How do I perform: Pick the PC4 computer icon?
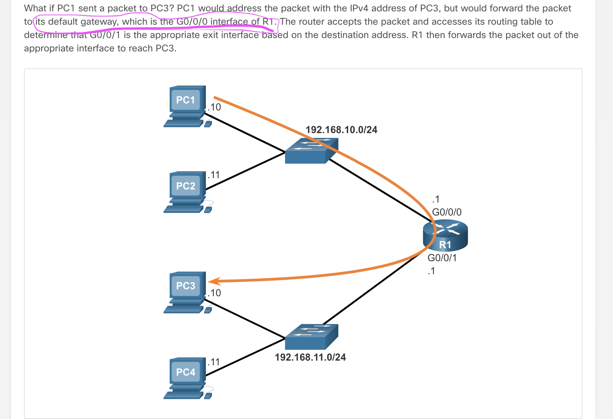click(x=186, y=378)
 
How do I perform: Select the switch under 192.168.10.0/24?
click(x=311, y=151)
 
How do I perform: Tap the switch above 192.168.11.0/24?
click(x=311, y=337)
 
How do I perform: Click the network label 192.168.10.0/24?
click(x=341, y=130)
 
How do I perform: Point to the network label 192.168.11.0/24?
click(x=310, y=357)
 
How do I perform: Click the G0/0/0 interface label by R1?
click(x=447, y=212)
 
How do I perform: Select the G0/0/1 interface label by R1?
click(x=442, y=258)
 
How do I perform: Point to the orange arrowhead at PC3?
click(x=213, y=281)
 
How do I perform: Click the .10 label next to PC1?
click(x=214, y=107)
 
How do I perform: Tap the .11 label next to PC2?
click(x=214, y=175)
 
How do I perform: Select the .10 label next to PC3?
click(x=214, y=293)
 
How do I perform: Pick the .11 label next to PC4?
click(x=214, y=362)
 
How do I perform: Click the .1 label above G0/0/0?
click(x=436, y=199)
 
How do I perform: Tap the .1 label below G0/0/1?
click(x=431, y=271)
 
